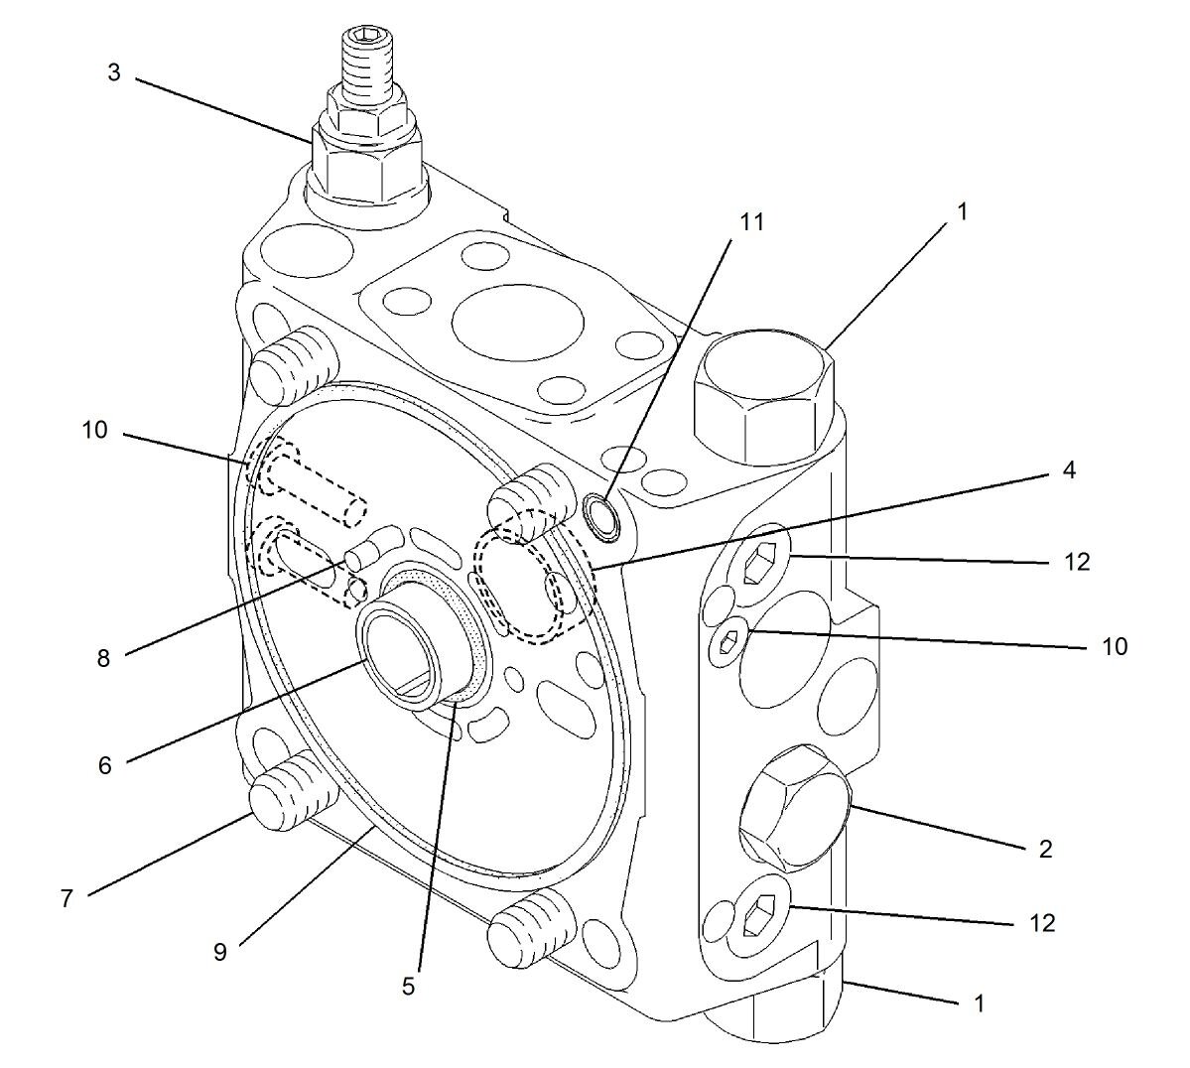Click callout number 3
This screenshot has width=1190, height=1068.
click(x=114, y=73)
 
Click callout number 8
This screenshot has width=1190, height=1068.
click(x=103, y=657)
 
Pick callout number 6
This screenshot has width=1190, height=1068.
click(x=104, y=764)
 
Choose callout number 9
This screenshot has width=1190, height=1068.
click(x=219, y=951)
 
